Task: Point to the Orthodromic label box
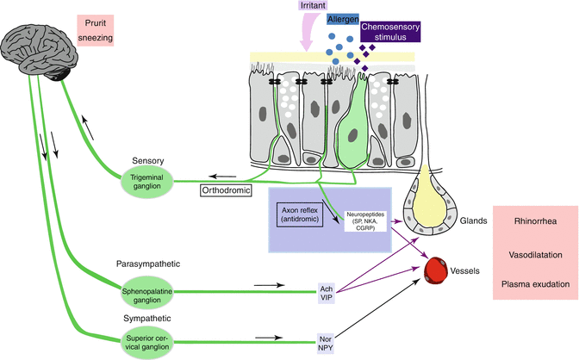pos(227,189)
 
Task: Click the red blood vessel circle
pos(442,270)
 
